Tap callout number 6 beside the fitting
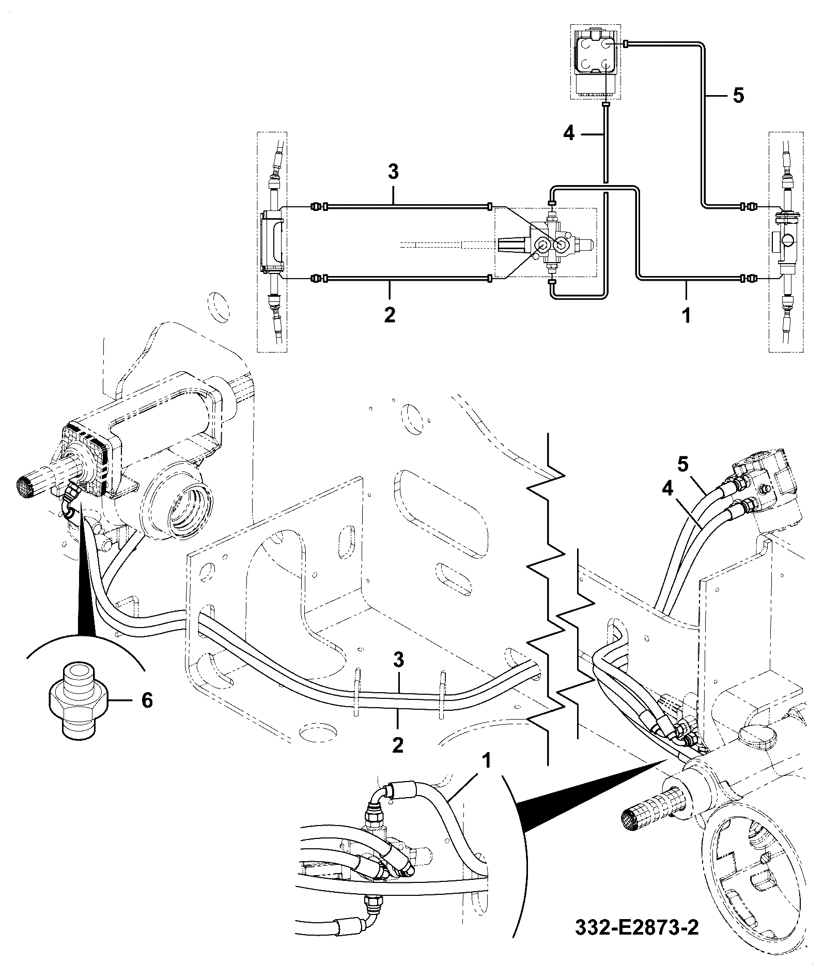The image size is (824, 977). [x=147, y=700]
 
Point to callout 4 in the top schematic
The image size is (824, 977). [x=568, y=134]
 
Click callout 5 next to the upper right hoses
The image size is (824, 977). [x=683, y=465]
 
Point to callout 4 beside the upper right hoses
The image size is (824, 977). [x=667, y=488]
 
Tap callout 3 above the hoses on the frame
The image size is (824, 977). [x=397, y=661]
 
